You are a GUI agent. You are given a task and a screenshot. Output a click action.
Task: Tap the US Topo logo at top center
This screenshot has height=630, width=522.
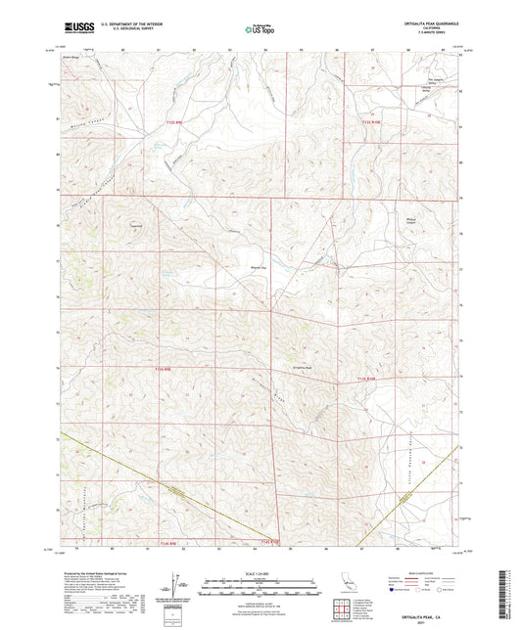pos(259,29)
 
